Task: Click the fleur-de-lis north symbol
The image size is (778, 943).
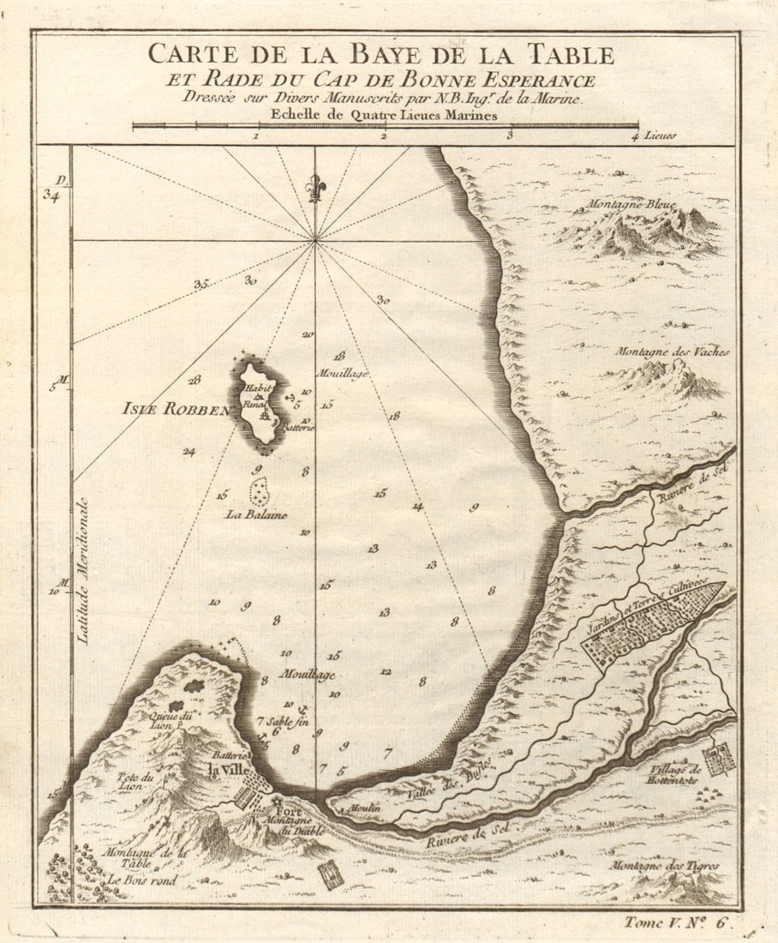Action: click(315, 188)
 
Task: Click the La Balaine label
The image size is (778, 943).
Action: click(256, 515)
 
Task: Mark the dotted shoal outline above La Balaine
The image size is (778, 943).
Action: click(258, 491)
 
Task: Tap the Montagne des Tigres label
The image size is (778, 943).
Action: click(665, 866)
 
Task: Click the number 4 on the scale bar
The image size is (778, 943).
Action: click(635, 135)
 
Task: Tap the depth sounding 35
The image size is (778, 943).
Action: click(201, 284)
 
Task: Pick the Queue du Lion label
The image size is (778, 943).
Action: click(167, 718)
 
